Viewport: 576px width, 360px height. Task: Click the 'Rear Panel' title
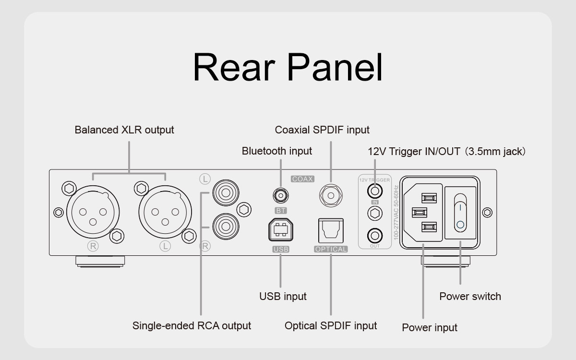(288, 68)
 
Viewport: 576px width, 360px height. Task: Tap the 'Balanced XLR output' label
(124, 130)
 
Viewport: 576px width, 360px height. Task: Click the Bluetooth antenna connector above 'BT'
(281, 195)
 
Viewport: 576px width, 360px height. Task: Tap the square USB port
(281, 230)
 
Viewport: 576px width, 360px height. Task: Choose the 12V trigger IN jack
(375, 191)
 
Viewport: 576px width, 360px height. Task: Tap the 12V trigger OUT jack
(375, 236)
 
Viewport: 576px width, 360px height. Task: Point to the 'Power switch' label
(470, 296)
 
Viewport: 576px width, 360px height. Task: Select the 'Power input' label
(430, 327)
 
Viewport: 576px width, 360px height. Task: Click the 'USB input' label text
(283, 296)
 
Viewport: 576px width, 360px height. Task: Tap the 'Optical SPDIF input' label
(331, 325)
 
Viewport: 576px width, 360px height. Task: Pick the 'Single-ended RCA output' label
(192, 325)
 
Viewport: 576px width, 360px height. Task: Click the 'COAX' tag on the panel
(302, 179)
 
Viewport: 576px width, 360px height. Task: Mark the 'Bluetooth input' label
(277, 151)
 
